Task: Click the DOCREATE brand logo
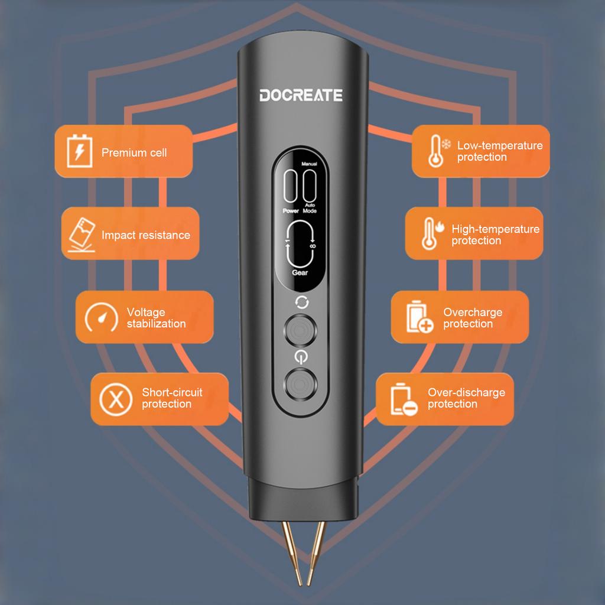301,95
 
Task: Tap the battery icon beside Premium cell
80,151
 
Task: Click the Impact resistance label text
146,235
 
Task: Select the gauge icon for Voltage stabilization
102,317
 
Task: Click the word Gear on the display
300,272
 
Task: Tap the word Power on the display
291,211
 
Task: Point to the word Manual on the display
309,164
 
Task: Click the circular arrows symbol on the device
302,302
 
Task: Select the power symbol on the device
301,357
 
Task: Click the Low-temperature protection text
500,151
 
